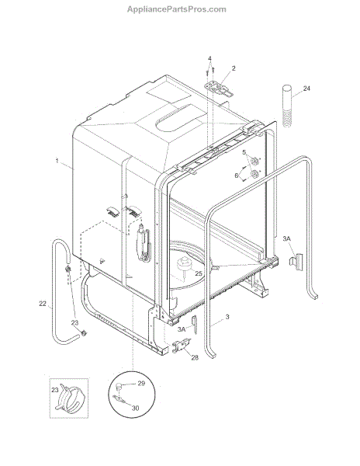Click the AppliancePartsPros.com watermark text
[177, 9]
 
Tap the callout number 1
[57, 161]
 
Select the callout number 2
[234, 68]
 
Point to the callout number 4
[209, 58]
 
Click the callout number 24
[306, 89]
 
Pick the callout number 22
[43, 304]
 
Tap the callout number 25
[199, 273]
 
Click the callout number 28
[195, 357]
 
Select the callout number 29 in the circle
[141, 384]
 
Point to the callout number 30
[135, 408]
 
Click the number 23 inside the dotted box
[55, 390]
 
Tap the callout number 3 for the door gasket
[227, 317]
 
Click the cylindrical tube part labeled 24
[287, 106]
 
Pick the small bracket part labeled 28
[181, 346]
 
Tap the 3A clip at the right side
[296, 262]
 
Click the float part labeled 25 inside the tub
[185, 265]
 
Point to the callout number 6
[237, 176]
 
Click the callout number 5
[244, 152]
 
